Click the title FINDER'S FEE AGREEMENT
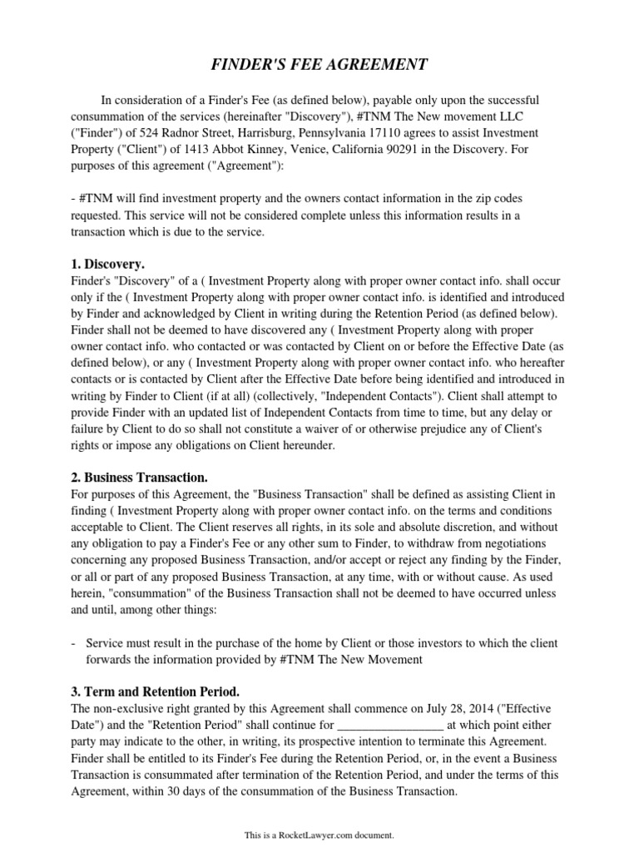319,65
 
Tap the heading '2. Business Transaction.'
140,478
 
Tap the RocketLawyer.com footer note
319,834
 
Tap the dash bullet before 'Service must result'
76,643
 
